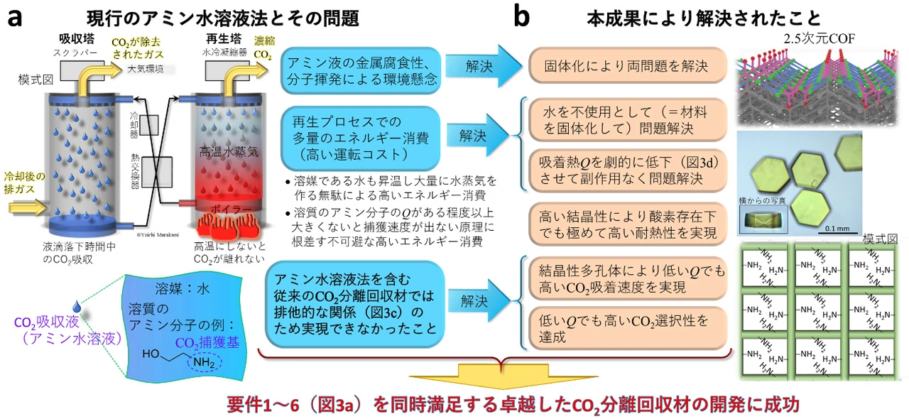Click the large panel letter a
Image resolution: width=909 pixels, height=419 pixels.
[16, 17]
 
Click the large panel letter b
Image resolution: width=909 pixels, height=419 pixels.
[521, 17]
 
